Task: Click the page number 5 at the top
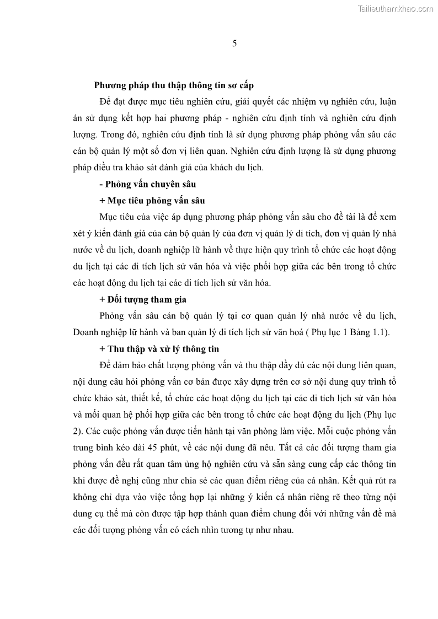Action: (x=234, y=44)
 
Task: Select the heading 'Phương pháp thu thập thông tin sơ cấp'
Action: (x=174, y=85)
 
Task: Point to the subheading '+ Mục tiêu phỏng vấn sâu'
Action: (x=152, y=201)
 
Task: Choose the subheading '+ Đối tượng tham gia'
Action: (x=143, y=299)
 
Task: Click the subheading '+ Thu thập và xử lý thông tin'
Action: (x=159, y=349)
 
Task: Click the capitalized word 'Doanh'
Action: (x=86, y=332)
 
